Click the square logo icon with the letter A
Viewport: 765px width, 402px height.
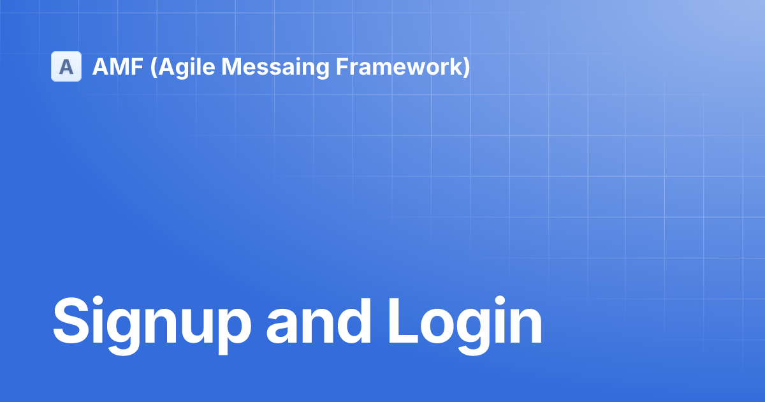[66, 66]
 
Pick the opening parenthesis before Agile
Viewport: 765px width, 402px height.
[153, 67]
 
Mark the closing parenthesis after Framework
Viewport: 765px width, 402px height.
[466, 67]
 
